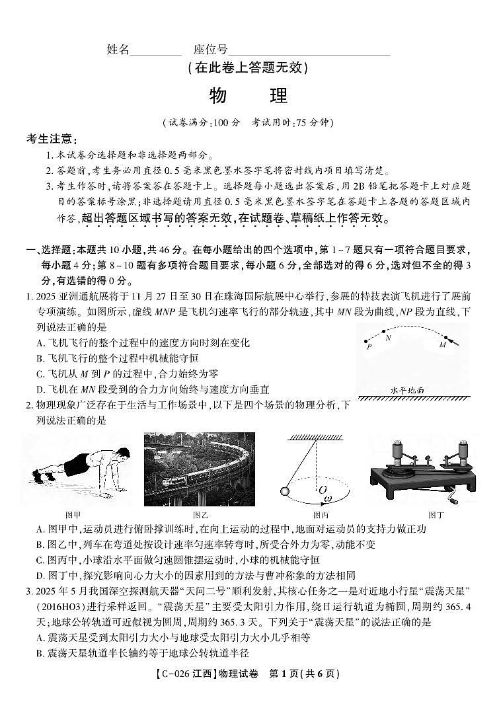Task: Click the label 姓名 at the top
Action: point(117,50)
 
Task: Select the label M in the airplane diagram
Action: point(442,345)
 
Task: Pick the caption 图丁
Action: point(436,514)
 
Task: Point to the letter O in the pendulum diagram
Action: point(322,490)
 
